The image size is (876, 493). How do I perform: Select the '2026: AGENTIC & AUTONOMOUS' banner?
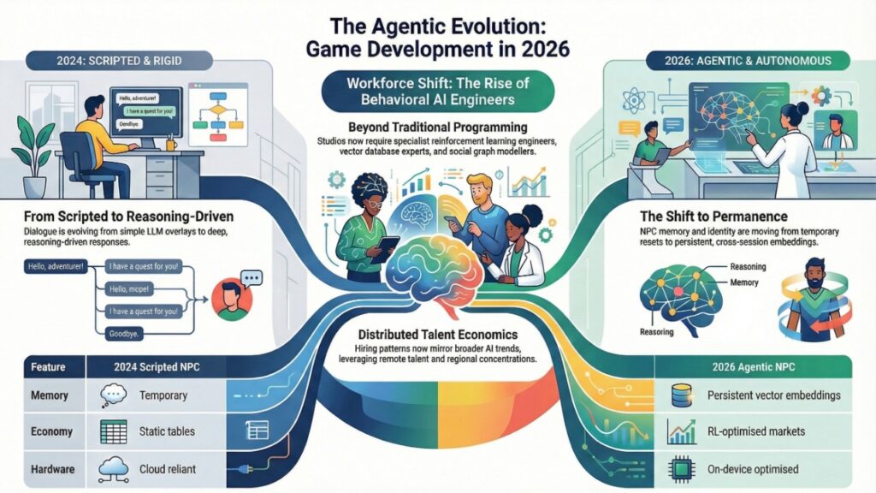coord(764,61)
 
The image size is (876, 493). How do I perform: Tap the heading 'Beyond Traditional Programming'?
coord(437,126)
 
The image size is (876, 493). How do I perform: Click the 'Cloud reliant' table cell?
coord(169,469)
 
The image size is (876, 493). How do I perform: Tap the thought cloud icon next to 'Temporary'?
coord(114,395)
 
